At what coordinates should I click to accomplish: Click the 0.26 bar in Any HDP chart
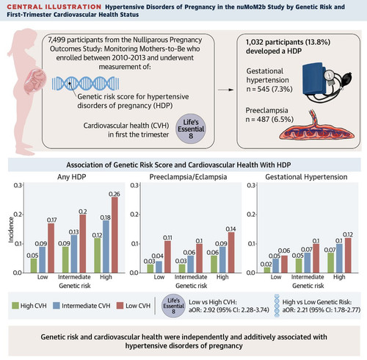(x=115, y=235)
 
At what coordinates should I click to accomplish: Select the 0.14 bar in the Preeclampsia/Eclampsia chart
(x=231, y=253)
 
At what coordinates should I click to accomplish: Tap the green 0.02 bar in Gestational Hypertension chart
(x=267, y=270)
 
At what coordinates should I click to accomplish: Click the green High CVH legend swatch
(x=15, y=306)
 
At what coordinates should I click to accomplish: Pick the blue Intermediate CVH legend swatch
(x=57, y=306)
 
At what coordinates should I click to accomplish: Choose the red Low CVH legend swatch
(x=120, y=306)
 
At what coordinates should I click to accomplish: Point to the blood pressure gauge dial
(x=330, y=74)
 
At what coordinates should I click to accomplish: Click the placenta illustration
(x=317, y=126)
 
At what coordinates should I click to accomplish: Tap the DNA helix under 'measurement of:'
(x=86, y=83)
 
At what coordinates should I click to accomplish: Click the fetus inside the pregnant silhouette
(x=36, y=82)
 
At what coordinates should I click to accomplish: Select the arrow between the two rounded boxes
(x=225, y=90)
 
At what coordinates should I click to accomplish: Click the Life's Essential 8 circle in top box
(x=191, y=129)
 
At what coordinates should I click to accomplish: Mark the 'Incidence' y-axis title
(x=11, y=230)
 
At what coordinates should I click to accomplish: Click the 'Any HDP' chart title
(x=72, y=177)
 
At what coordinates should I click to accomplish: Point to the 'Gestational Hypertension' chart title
(x=306, y=177)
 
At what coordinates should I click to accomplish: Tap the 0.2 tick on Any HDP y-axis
(x=18, y=215)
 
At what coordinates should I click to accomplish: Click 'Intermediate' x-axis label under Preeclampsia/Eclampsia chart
(x=191, y=277)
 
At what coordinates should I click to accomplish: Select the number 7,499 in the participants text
(x=57, y=40)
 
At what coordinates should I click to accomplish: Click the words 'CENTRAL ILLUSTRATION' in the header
(x=54, y=7)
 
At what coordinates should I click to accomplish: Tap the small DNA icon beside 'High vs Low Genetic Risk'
(x=277, y=306)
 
